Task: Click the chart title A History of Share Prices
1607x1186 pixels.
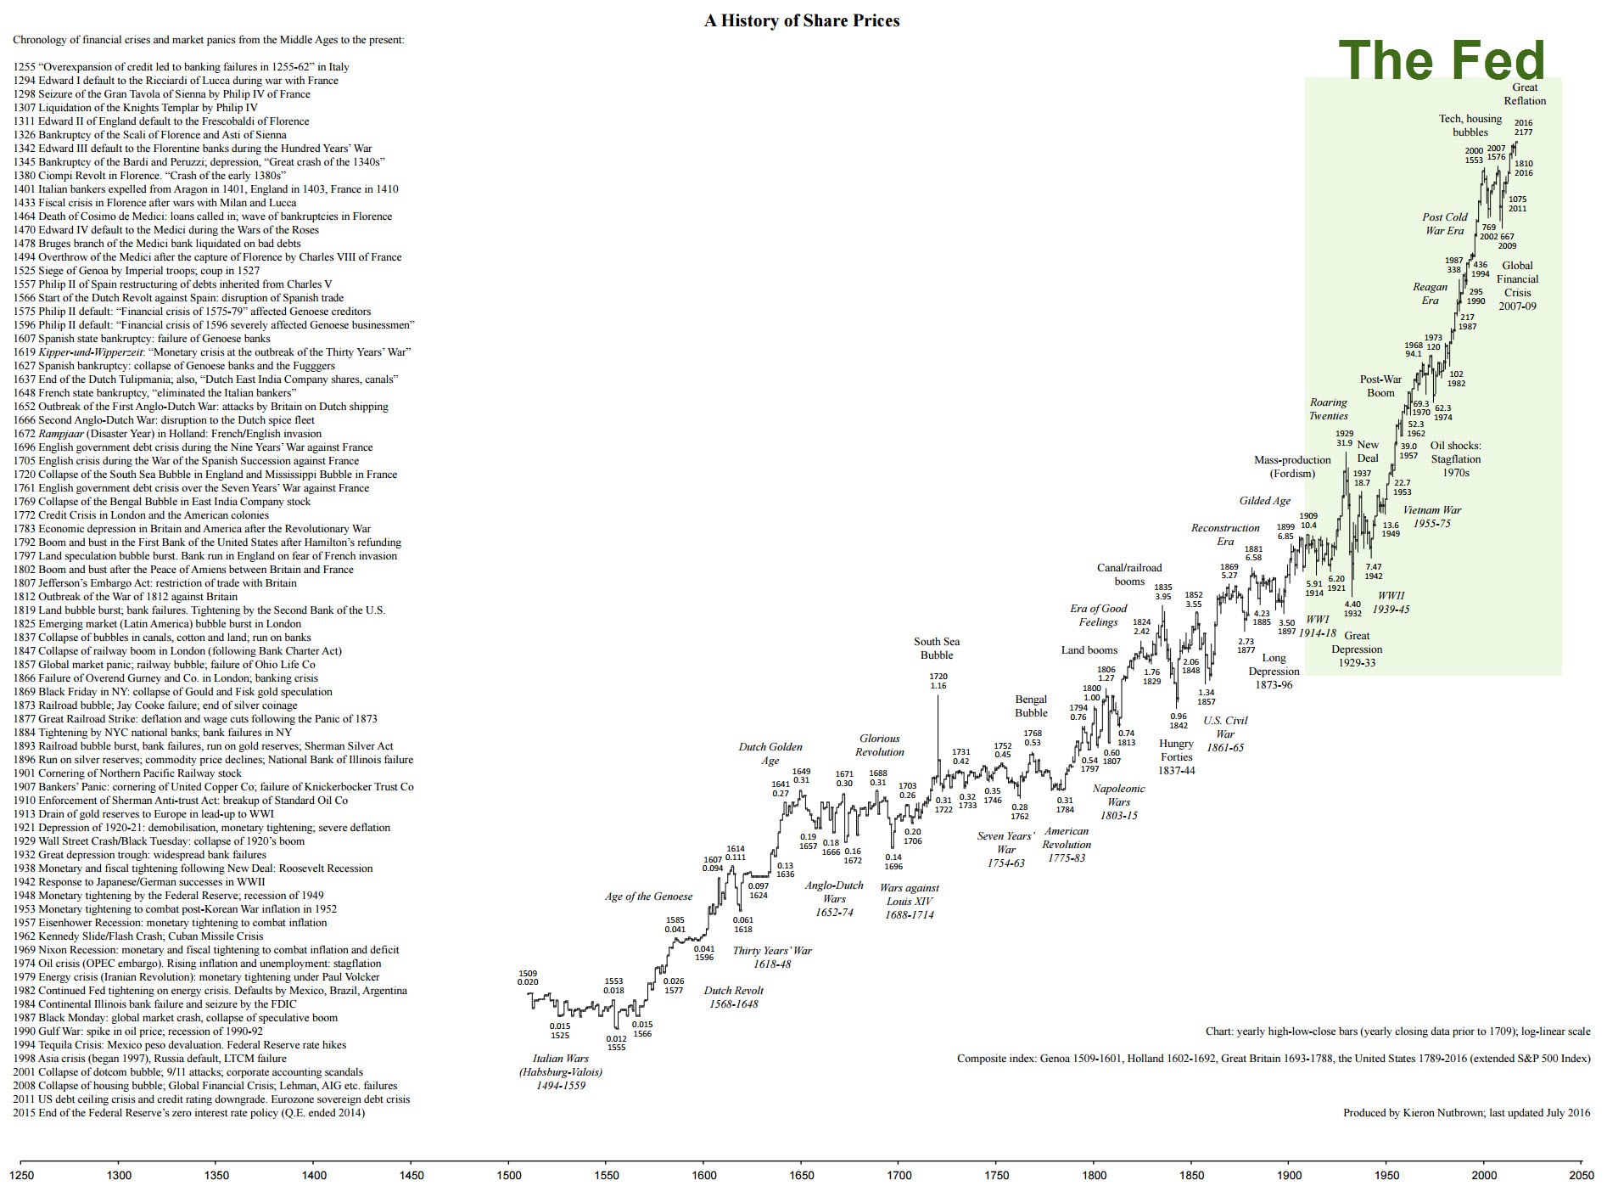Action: (x=802, y=21)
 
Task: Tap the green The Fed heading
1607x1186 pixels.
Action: (x=1442, y=60)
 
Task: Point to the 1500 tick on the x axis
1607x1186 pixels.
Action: (x=509, y=1175)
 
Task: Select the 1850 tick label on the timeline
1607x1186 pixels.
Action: (x=1191, y=1175)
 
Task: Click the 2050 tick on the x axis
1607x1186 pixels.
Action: (x=1582, y=1175)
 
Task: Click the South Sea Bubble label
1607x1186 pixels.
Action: (x=937, y=649)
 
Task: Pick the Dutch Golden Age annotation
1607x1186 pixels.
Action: (x=770, y=754)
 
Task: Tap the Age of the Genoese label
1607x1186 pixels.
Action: (x=648, y=897)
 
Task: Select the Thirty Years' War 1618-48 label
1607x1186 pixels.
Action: (x=772, y=958)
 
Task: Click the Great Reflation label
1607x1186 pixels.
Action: (x=1525, y=94)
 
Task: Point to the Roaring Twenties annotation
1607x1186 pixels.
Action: (x=1328, y=409)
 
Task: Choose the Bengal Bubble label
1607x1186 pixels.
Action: (x=1031, y=706)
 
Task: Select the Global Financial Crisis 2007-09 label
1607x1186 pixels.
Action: (x=1517, y=286)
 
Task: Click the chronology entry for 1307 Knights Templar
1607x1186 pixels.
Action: (x=136, y=108)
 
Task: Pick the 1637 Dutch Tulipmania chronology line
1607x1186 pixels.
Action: (x=205, y=379)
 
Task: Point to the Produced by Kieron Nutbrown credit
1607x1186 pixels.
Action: (x=1466, y=1113)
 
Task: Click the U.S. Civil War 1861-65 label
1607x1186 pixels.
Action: (x=1225, y=734)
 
